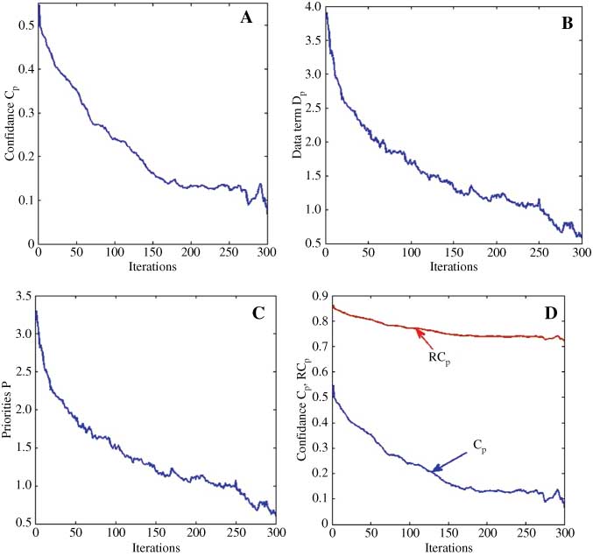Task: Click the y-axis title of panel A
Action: click(12, 127)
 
